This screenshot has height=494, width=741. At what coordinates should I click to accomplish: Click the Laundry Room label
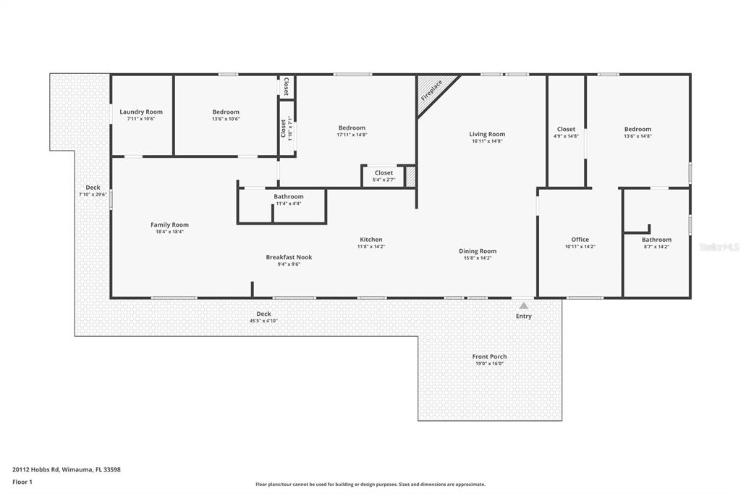coord(141,112)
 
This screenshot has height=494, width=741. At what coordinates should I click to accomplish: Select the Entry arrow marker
coord(523,306)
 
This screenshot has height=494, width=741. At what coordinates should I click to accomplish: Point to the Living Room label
coord(487,134)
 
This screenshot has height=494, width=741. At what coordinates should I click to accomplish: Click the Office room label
coord(580,240)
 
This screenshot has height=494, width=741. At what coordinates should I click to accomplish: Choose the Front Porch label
coord(489,356)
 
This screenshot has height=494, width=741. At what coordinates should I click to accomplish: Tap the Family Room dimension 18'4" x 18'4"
coord(169,232)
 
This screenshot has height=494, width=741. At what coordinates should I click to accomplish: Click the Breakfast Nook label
coord(289,257)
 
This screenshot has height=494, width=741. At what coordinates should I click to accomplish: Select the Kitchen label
coord(371,240)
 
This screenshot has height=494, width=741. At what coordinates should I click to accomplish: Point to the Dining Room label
coord(478,251)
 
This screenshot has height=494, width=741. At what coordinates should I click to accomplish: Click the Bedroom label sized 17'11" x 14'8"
coord(352,128)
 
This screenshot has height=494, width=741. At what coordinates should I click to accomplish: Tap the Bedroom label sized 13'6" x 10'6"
coord(226,112)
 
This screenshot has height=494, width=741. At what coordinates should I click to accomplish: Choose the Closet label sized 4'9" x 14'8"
coord(566,130)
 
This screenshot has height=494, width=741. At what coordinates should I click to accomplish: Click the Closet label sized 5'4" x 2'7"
coord(384,173)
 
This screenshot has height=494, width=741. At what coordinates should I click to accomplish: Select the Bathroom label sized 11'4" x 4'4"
coord(289,197)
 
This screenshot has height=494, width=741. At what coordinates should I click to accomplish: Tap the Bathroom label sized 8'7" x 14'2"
coord(656,240)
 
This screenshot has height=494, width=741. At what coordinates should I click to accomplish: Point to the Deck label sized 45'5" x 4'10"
coord(263,314)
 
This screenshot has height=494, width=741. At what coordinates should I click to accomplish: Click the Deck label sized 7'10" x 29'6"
coord(93,188)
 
